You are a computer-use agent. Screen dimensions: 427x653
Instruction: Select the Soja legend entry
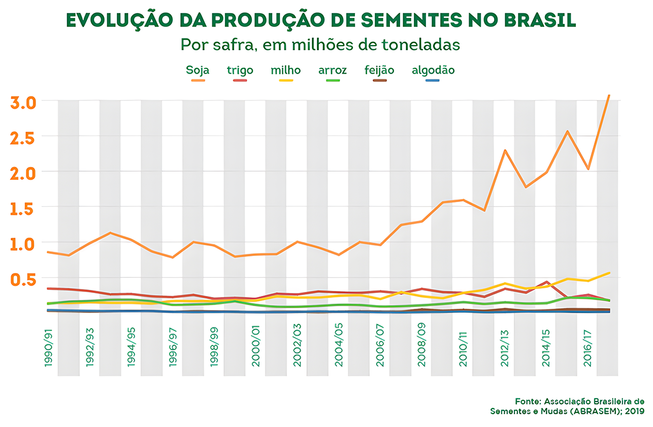(198, 71)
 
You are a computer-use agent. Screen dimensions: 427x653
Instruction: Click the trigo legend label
(240, 71)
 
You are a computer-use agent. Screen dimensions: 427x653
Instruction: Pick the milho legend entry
(285, 71)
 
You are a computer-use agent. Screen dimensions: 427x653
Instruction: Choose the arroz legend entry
(333, 71)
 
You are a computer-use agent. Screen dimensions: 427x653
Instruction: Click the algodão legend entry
(433, 71)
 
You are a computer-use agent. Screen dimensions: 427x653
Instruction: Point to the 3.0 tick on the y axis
(23, 102)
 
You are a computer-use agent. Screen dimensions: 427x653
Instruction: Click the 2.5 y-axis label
(23, 137)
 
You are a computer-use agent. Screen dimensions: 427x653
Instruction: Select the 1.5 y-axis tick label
(23, 208)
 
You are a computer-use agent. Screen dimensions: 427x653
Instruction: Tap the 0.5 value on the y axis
(23, 279)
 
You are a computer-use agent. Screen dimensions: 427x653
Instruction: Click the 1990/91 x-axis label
(49, 349)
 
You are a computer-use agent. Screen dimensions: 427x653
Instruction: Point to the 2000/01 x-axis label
(256, 349)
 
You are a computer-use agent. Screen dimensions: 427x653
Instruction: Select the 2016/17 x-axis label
(588, 349)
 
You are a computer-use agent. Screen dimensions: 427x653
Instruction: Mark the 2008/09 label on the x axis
(422, 349)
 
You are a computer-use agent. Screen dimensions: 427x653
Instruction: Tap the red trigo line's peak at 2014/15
(546, 282)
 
